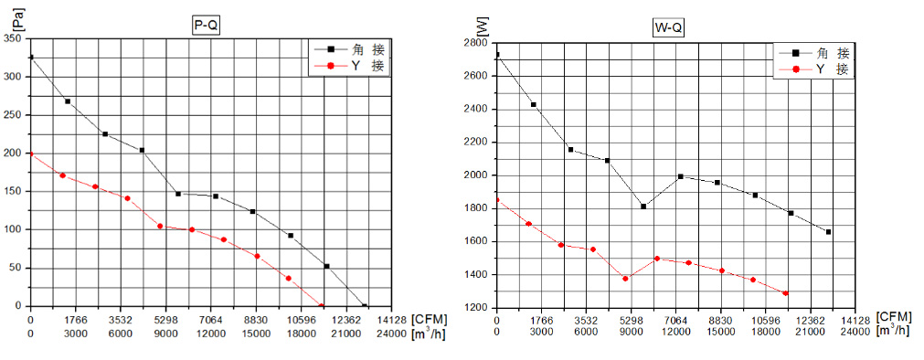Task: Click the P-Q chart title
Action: coord(207,26)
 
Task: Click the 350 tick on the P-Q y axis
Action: coord(14,38)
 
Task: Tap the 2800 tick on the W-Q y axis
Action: coord(475,43)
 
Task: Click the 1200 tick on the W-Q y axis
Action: coord(475,308)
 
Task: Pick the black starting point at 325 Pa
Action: coord(31,58)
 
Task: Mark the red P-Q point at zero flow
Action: coord(31,154)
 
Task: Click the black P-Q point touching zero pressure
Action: coord(365,306)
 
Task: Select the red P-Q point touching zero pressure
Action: coord(321,306)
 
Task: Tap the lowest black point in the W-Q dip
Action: coord(643,206)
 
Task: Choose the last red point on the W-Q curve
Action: coord(785,293)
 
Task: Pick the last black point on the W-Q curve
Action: coord(828,232)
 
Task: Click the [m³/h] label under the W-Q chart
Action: coord(893,331)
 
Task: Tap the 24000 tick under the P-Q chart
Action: coord(391,332)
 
